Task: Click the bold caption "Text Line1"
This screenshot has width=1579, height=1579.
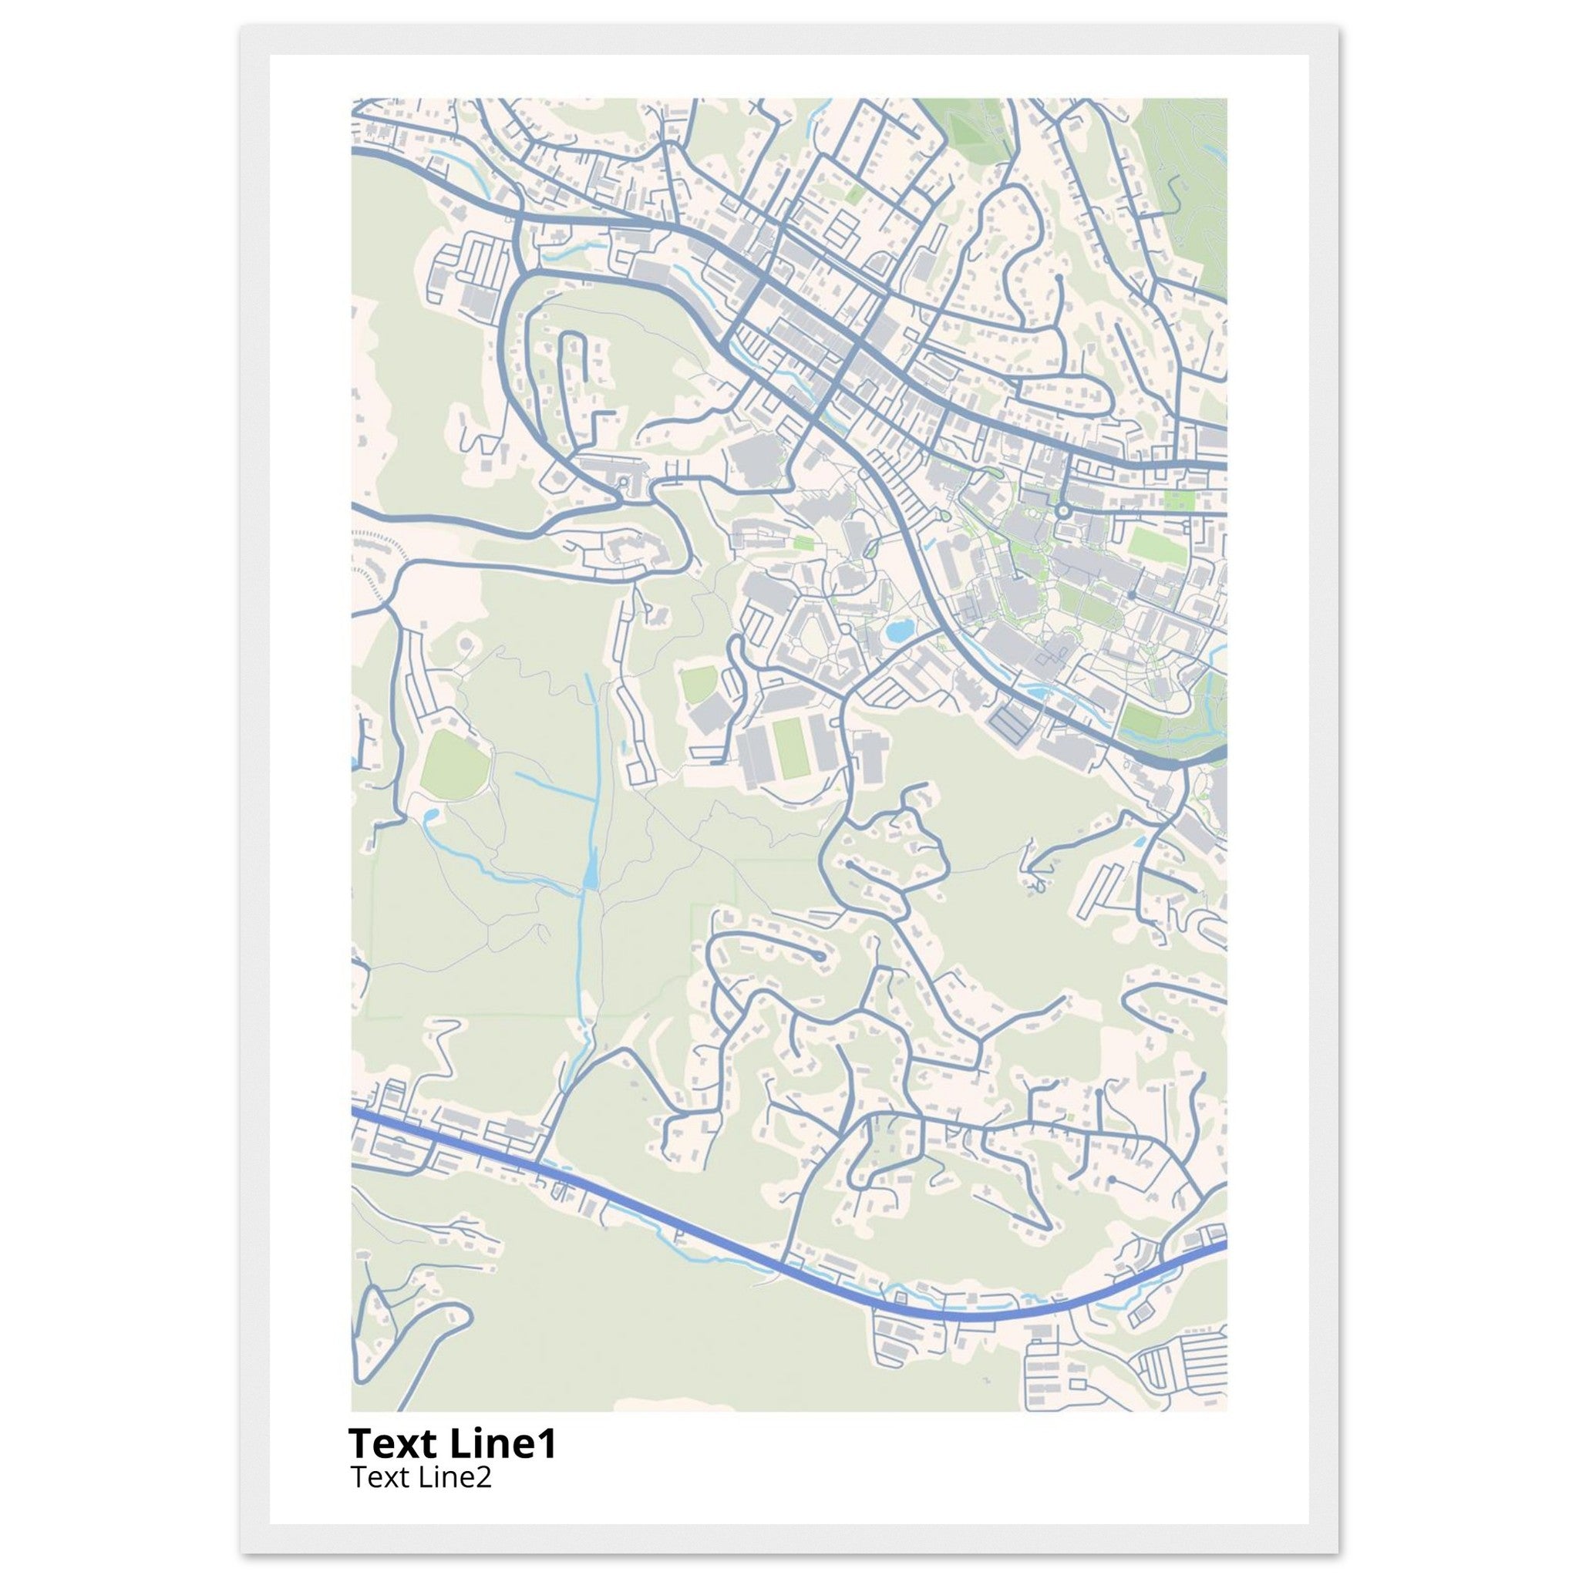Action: pos(452,1444)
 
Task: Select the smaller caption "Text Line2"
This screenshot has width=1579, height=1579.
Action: pos(421,1478)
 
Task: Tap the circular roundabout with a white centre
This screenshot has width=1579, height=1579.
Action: pos(1063,511)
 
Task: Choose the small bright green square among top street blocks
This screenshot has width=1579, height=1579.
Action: pos(855,194)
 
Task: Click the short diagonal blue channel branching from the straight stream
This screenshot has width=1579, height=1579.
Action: pos(556,785)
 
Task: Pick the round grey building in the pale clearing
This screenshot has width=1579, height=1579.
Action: pos(466,645)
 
